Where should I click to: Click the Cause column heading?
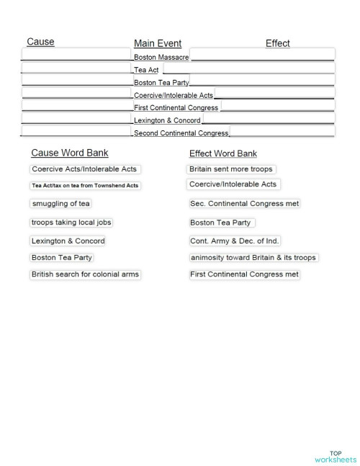(40, 42)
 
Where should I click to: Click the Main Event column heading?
(158, 43)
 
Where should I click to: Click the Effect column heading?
(277, 43)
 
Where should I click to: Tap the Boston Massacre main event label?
(161, 56)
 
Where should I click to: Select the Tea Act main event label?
(146, 70)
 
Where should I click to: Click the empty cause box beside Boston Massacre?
(77, 54)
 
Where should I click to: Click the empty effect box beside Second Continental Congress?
(282, 132)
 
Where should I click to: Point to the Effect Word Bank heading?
(222, 153)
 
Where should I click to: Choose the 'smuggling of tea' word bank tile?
(60, 203)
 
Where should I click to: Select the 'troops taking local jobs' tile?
(71, 223)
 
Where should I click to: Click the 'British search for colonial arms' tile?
(85, 274)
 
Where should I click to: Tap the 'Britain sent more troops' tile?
(231, 169)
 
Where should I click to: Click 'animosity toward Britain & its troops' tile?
(253, 257)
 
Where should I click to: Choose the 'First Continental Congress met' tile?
(244, 274)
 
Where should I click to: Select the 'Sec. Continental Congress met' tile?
(243, 204)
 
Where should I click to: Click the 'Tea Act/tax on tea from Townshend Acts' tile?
(85, 185)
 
